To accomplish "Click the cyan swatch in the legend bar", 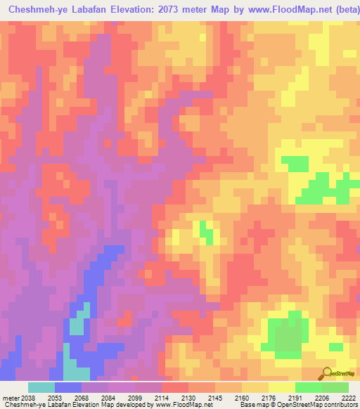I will tap(41, 387).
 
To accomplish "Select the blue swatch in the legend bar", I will tap(68, 387).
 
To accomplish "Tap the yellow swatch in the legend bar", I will tap(282, 387).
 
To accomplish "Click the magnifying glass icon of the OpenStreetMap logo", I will tap(326, 374).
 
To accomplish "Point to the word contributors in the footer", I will tap(341, 405).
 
